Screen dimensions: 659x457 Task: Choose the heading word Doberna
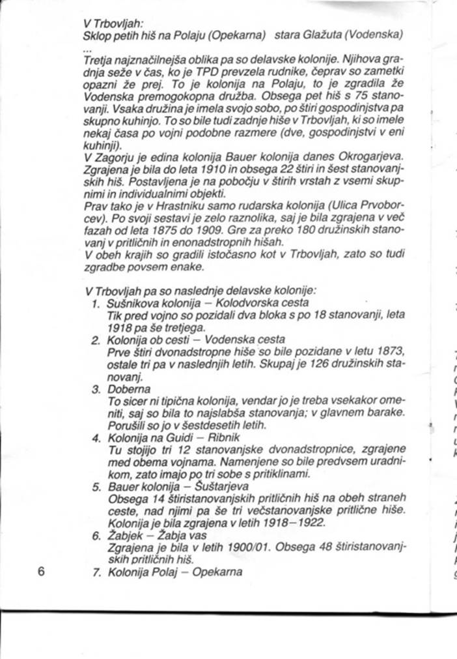pyautogui.click(x=128, y=390)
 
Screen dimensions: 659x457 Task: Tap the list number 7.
pyautogui.click(x=95, y=573)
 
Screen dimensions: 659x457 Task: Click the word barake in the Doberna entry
pyautogui.click(x=384, y=413)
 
